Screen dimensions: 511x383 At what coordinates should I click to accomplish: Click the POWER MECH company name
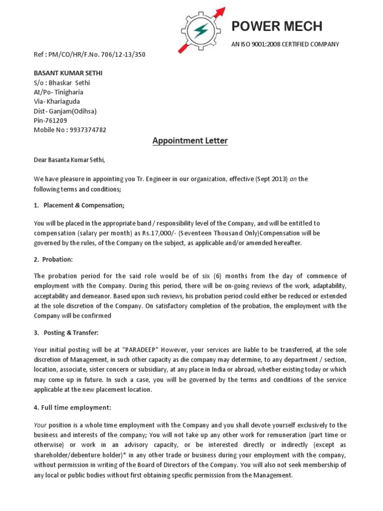276,26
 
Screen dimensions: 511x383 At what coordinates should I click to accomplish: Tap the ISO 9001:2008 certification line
284,44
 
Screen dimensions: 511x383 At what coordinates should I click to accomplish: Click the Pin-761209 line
50,121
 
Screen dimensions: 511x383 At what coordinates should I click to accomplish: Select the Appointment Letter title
190,141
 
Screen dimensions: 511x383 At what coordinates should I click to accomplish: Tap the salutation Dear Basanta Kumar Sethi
70,160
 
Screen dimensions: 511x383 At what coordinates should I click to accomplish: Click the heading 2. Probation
54,260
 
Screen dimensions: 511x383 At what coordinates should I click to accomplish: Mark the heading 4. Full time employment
72,408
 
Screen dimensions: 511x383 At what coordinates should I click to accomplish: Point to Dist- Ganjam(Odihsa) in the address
65,111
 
